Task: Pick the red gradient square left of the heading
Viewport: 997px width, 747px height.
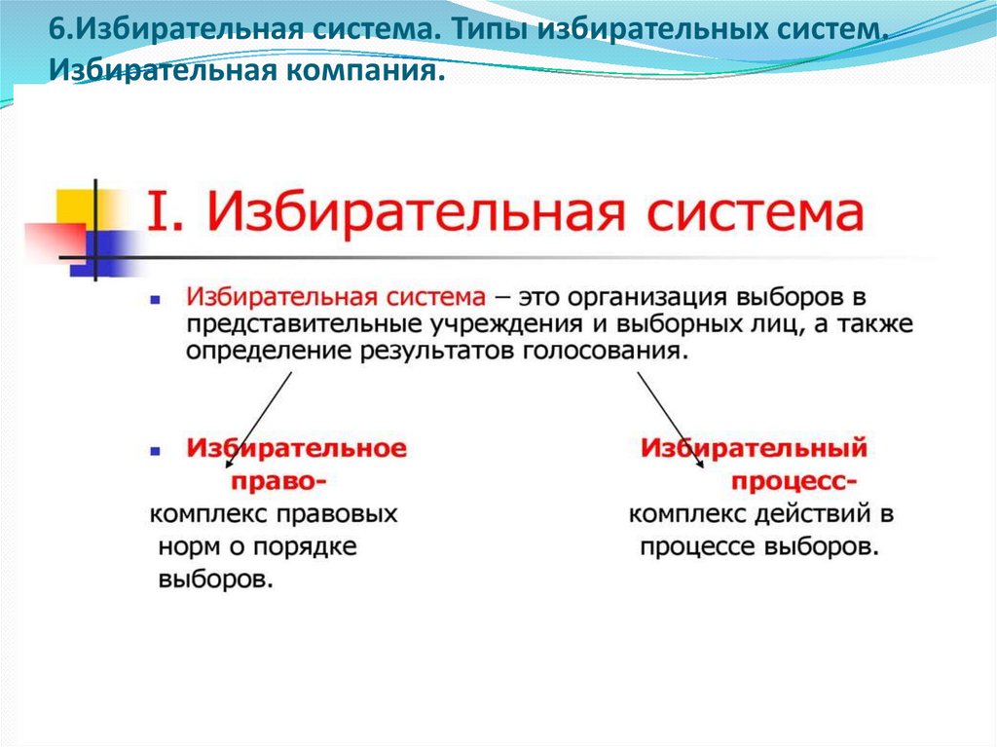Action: (x=55, y=243)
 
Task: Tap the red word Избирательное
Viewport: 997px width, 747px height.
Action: (x=297, y=449)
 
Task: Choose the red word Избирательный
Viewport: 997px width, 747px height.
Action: (x=754, y=449)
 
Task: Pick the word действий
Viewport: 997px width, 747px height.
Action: (x=798, y=513)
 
